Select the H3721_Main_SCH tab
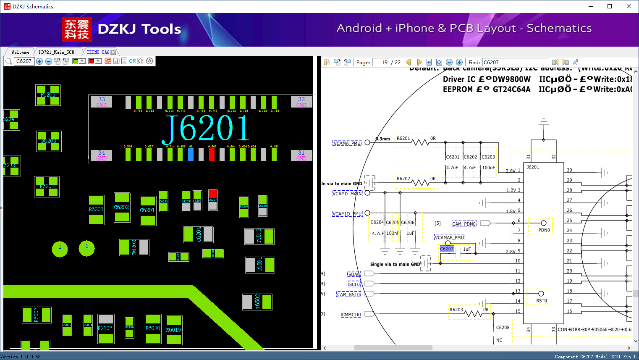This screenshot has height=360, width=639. [57, 52]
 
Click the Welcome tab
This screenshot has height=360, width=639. [20, 52]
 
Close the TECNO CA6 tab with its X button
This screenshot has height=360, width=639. [113, 52]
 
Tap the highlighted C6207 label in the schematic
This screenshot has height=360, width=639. [447, 249]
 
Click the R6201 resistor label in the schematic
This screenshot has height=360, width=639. [403, 138]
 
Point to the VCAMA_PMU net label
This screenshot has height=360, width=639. [347, 143]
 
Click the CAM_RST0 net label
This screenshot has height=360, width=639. [349, 294]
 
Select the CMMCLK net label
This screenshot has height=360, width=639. [351, 314]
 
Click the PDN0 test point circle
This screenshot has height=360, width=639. [544, 223]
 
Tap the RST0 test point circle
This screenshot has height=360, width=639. [541, 294]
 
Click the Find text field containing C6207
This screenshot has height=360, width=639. [516, 62]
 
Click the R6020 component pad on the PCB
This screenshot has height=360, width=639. [153, 328]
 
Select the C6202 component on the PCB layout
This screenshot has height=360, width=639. [122, 207]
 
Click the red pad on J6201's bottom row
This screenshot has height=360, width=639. [212, 155]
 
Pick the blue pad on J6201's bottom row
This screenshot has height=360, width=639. [191, 155]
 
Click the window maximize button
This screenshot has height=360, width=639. [610, 6]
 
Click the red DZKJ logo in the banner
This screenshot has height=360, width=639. [76, 29]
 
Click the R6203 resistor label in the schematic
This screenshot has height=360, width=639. [456, 310]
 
